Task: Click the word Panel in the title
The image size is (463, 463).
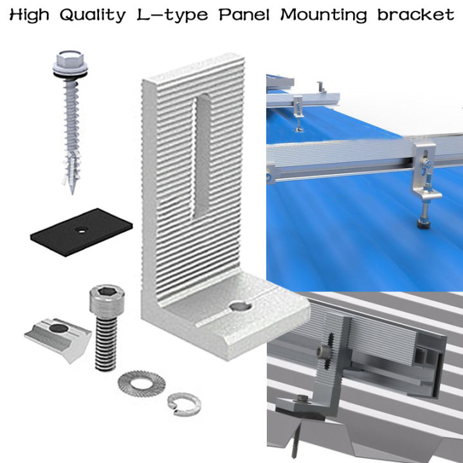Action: (x=245, y=14)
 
